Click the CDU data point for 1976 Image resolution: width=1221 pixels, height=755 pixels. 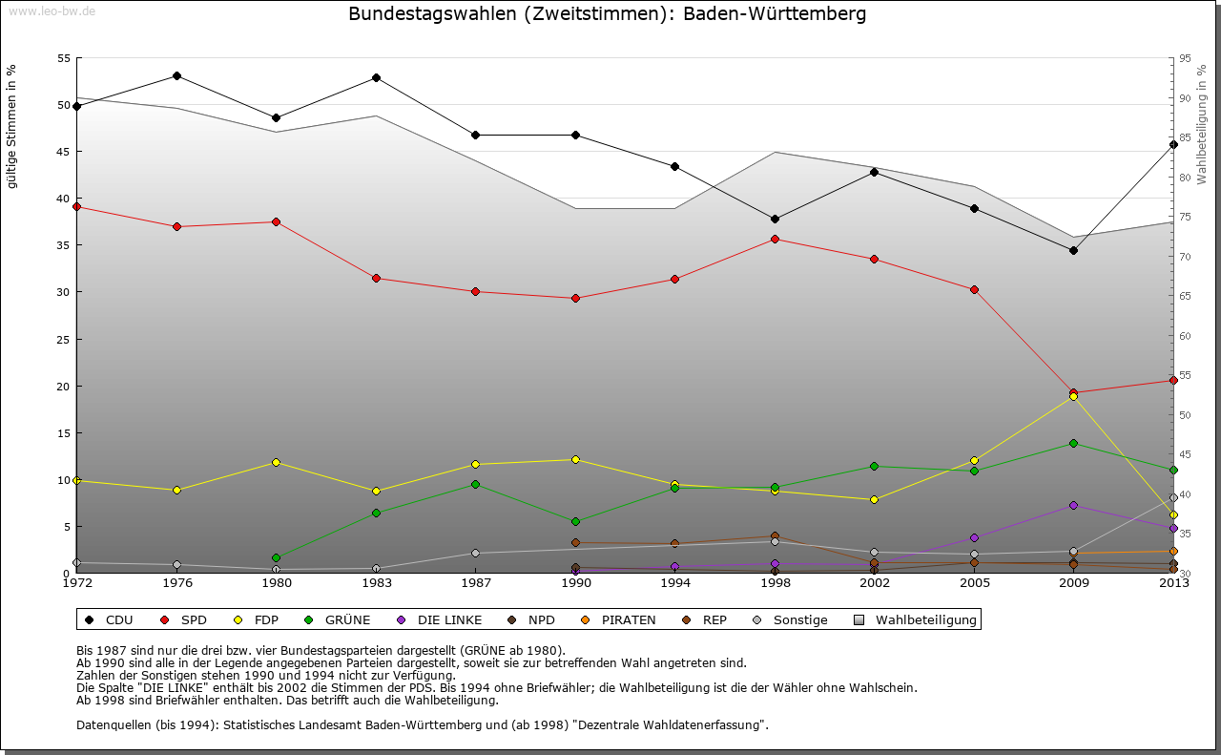pyautogui.click(x=176, y=75)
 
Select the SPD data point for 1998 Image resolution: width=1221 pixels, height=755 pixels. pyautogui.click(x=775, y=239)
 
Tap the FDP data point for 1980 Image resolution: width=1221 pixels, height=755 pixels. pyautogui.click(x=276, y=462)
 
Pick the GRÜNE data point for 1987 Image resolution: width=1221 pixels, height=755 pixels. pyautogui.click(x=475, y=484)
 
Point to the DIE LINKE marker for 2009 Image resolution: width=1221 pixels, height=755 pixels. pyautogui.click(x=1073, y=505)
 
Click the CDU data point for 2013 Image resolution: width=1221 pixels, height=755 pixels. pyautogui.click(x=1173, y=144)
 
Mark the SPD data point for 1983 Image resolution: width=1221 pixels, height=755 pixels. pyautogui.click(x=376, y=278)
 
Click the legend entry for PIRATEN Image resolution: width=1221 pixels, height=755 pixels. pyautogui.click(x=628, y=620)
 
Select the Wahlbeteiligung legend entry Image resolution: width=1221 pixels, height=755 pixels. pyautogui.click(x=925, y=620)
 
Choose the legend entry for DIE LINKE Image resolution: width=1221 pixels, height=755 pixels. pyautogui.click(x=449, y=620)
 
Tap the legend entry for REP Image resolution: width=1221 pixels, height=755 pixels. pyautogui.click(x=714, y=620)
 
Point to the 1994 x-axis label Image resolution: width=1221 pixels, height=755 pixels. pyautogui.click(x=674, y=582)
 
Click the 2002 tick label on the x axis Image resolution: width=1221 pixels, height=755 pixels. pyautogui.click(x=874, y=582)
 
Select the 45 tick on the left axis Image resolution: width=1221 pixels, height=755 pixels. pyautogui.click(x=64, y=151)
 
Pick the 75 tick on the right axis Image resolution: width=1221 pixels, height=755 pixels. pyautogui.click(x=1185, y=217)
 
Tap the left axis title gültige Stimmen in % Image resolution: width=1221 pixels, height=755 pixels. pyautogui.click(x=11, y=126)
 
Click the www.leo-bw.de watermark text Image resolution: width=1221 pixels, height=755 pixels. pyautogui.click(x=52, y=10)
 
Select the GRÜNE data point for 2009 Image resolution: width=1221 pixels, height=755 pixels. pyautogui.click(x=1073, y=443)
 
